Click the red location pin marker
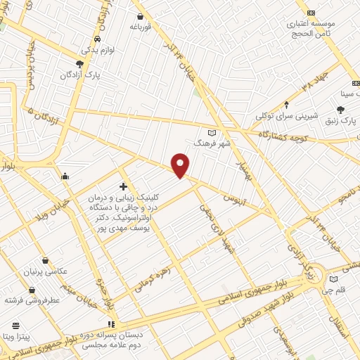[181, 165]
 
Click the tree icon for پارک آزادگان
[79, 63]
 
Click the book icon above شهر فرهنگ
[213, 131]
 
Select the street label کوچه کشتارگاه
[285, 133]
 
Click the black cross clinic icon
[123, 186]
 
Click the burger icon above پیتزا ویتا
[15, 325]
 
